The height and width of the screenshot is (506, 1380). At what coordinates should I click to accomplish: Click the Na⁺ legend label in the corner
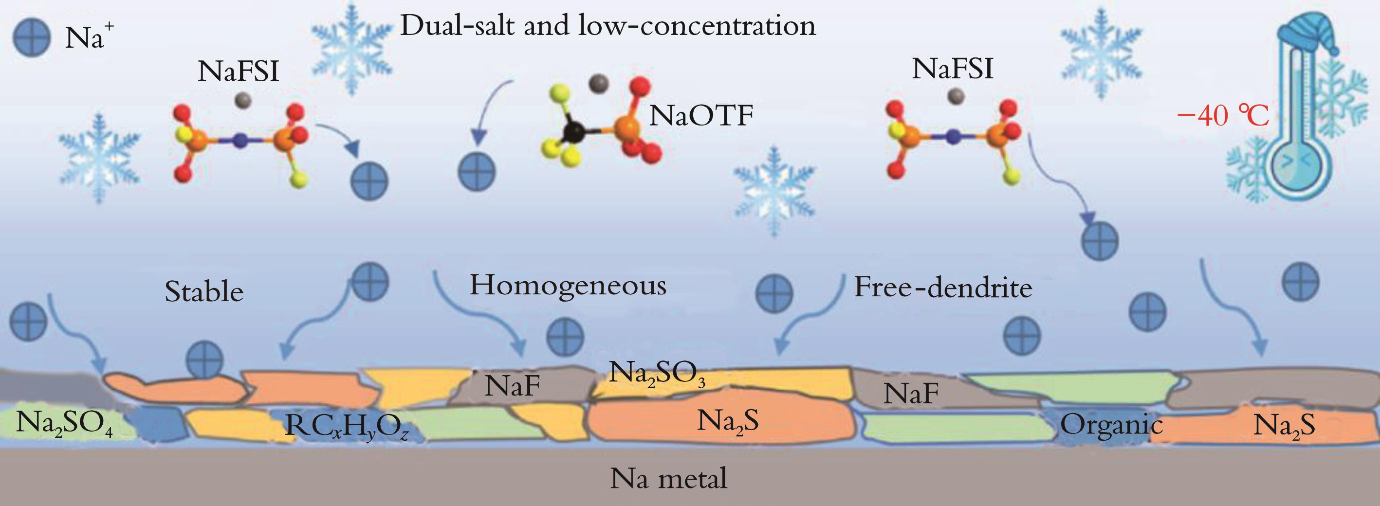coord(86,38)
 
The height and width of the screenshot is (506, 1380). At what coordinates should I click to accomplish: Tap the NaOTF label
coord(701,115)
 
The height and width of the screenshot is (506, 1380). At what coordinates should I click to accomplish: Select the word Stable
coord(204,292)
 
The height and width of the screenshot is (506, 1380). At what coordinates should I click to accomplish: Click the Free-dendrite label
coord(943,288)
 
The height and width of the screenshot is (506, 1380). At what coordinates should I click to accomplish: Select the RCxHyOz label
coord(347,427)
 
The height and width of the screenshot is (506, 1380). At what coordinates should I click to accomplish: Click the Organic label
coord(1112,425)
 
